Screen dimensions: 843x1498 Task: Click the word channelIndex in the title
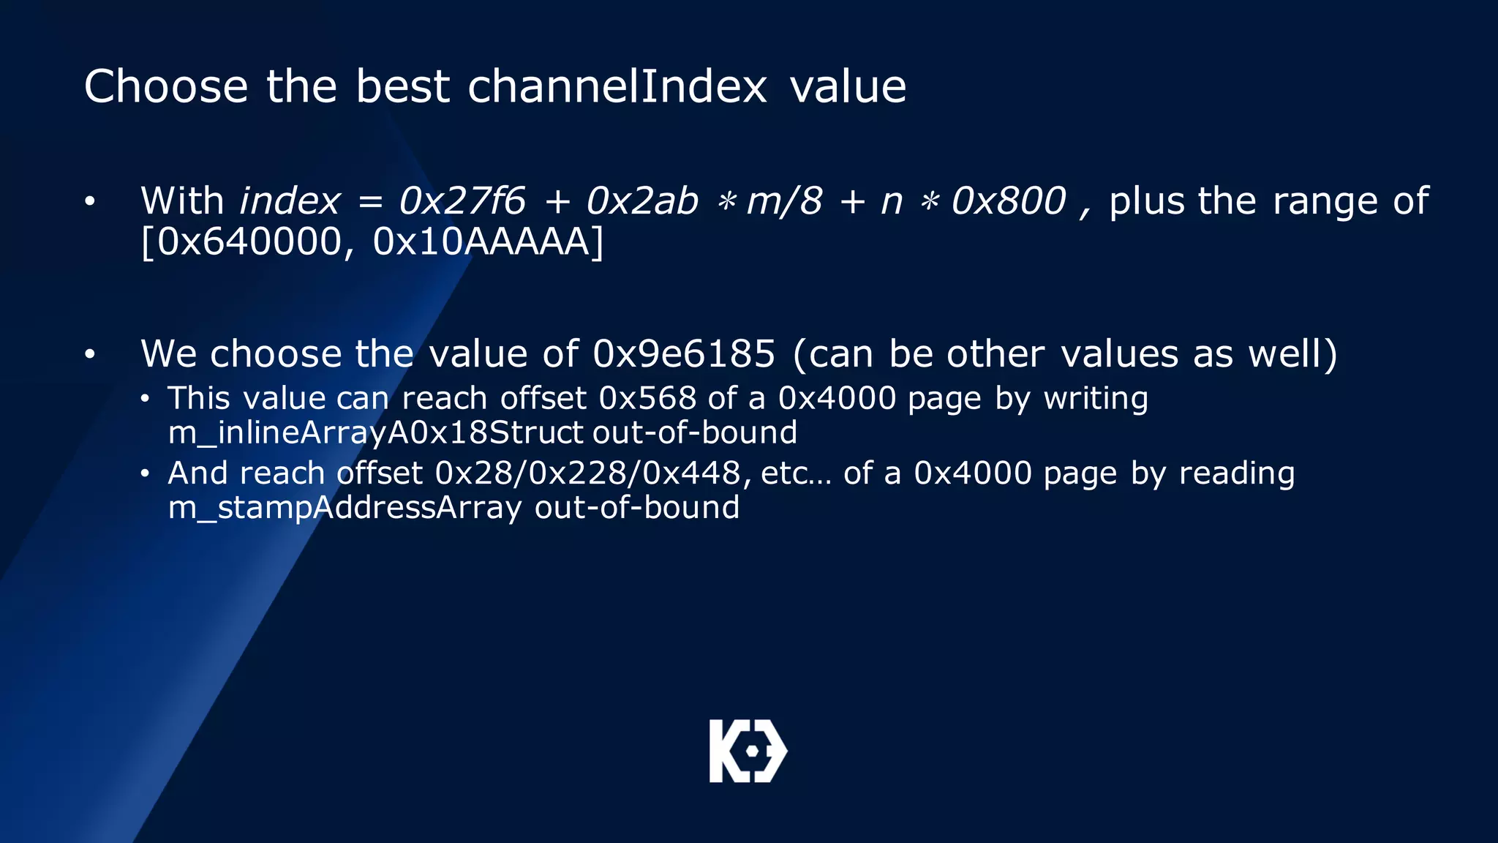[617, 86]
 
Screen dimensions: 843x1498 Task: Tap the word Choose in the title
[166, 86]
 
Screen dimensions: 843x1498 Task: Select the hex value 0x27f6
[462, 201]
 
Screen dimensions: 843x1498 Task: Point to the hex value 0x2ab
[642, 201]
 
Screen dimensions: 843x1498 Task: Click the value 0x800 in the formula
[1009, 201]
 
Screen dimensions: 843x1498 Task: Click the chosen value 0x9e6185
[683, 354]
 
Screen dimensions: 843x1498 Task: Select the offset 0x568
[647, 399]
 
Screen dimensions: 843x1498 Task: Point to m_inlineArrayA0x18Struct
[375, 432]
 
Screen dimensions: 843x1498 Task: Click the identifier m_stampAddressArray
[345, 508]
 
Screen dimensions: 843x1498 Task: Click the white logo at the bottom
[748, 751]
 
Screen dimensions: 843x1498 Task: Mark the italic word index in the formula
[290, 201]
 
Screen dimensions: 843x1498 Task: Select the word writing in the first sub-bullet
[1096, 399]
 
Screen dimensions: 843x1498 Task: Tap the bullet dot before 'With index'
[89, 201]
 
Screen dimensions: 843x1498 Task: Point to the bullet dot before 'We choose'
[89, 355]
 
